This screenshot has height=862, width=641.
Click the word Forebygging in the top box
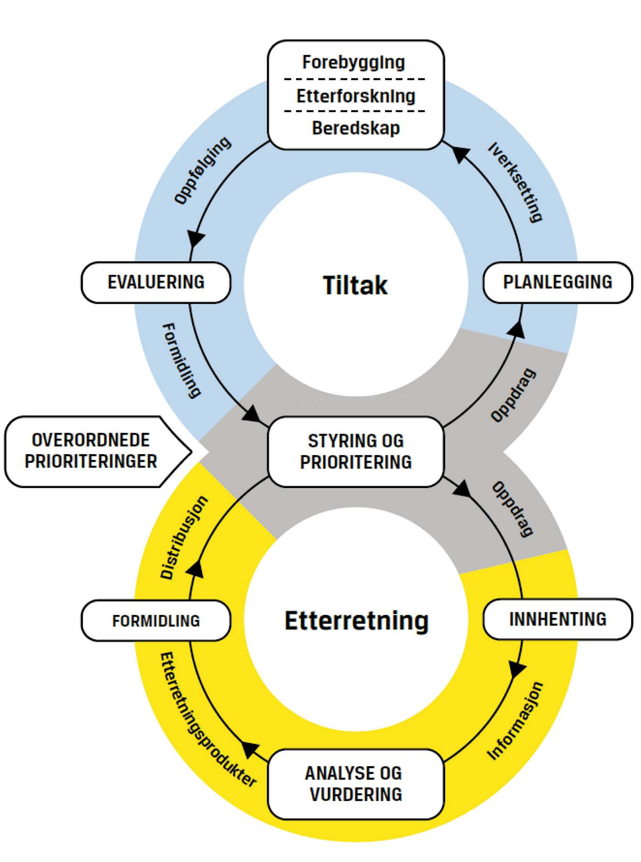coord(353,62)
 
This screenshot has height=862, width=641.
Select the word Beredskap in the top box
coord(356,128)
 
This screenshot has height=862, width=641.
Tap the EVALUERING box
coord(156,282)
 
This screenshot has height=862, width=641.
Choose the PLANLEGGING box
coord(557,282)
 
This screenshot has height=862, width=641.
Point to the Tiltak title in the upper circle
coord(355,285)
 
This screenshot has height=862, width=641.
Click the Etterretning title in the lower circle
coord(357,621)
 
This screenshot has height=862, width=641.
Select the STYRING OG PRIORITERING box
coord(356,451)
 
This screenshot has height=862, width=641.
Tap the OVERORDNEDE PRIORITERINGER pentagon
coord(91,451)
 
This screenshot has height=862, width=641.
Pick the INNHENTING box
coord(557,619)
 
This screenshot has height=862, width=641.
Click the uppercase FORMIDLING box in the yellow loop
coord(156,621)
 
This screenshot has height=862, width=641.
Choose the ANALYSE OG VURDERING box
coord(356,784)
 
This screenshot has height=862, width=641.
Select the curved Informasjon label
coord(515,720)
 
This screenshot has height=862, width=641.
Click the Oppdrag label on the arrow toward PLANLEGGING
coord(513,395)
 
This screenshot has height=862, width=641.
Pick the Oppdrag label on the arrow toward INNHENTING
coord(513,509)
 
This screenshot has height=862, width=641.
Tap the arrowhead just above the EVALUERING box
coord(195,238)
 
